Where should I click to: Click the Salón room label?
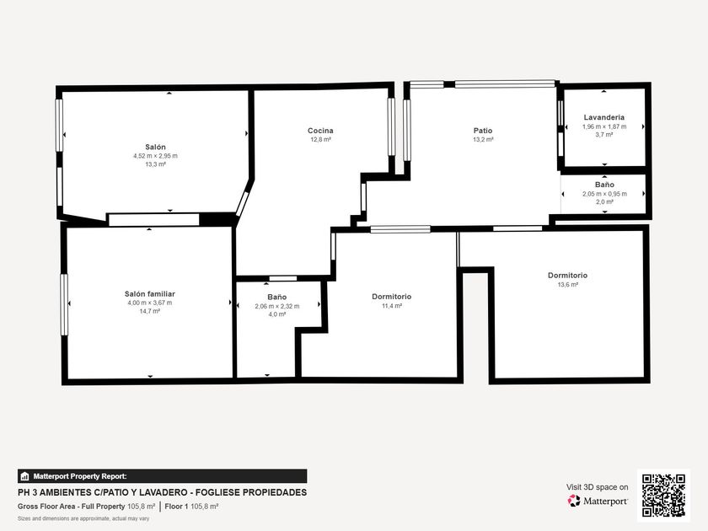[155, 147]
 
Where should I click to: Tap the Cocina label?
[320, 131]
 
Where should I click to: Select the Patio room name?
[483, 131]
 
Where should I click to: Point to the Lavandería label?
[604, 117]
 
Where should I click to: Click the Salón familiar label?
[150, 294]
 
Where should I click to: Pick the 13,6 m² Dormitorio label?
[567, 275]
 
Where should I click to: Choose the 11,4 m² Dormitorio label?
[391, 297]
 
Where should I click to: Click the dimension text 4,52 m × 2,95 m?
[155, 156]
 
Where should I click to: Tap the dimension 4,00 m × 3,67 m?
[150, 303]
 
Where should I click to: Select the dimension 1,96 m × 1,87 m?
[604, 126]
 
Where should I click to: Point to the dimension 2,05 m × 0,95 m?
[604, 194]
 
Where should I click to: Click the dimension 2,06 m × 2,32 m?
[276, 306]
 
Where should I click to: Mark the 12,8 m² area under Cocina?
[320, 140]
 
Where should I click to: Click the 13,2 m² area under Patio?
[483, 140]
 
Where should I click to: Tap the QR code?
[664, 496]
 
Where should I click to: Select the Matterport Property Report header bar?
[163, 476]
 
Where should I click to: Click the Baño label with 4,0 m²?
[276, 297]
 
